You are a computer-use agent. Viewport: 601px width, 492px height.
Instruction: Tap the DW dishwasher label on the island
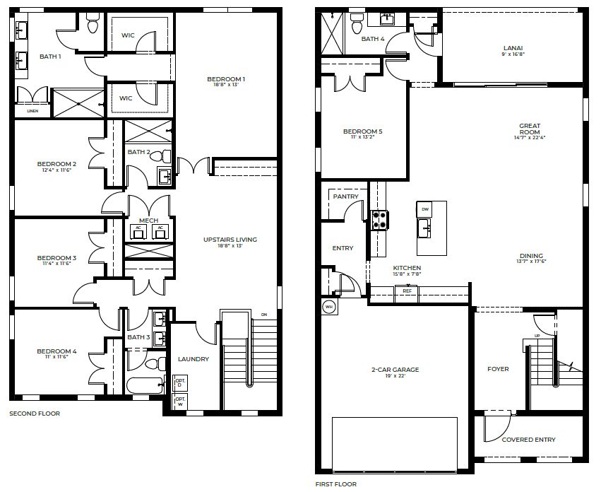[x=425, y=210]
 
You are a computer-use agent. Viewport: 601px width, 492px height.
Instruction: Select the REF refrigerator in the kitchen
[x=407, y=291]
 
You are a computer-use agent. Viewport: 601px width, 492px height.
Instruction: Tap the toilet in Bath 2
[x=166, y=156]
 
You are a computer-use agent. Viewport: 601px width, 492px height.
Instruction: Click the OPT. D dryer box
[x=179, y=383]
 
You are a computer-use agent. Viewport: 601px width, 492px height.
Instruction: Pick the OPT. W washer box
[x=179, y=403]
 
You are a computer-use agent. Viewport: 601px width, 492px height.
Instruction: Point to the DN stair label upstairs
[x=264, y=315]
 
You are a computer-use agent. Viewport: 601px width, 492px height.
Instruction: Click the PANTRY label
[x=346, y=197]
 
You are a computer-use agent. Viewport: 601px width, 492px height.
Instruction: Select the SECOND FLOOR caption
[x=35, y=414]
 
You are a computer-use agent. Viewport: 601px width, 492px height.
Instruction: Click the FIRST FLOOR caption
[x=336, y=484]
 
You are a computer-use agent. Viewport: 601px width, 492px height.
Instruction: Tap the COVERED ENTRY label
[x=528, y=440]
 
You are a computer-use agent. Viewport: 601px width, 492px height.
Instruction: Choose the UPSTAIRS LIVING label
[x=230, y=240]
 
